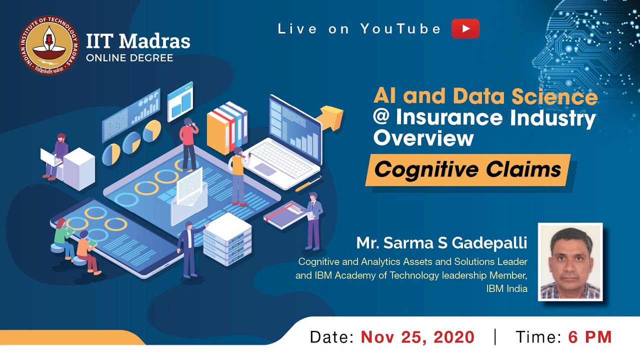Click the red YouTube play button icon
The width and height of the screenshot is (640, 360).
465,29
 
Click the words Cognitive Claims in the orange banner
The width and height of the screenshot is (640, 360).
467,169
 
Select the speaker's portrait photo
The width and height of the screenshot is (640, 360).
570,262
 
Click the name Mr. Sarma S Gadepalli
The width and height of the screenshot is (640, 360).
441,243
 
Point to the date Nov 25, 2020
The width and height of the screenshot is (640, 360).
417,337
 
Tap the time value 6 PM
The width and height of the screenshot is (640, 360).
590,337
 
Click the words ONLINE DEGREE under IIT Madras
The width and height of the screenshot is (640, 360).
129,58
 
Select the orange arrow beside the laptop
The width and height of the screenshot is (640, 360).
331,115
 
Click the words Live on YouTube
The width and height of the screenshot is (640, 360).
359,29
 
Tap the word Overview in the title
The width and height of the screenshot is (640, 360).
423,138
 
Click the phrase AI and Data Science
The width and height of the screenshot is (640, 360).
485,96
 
